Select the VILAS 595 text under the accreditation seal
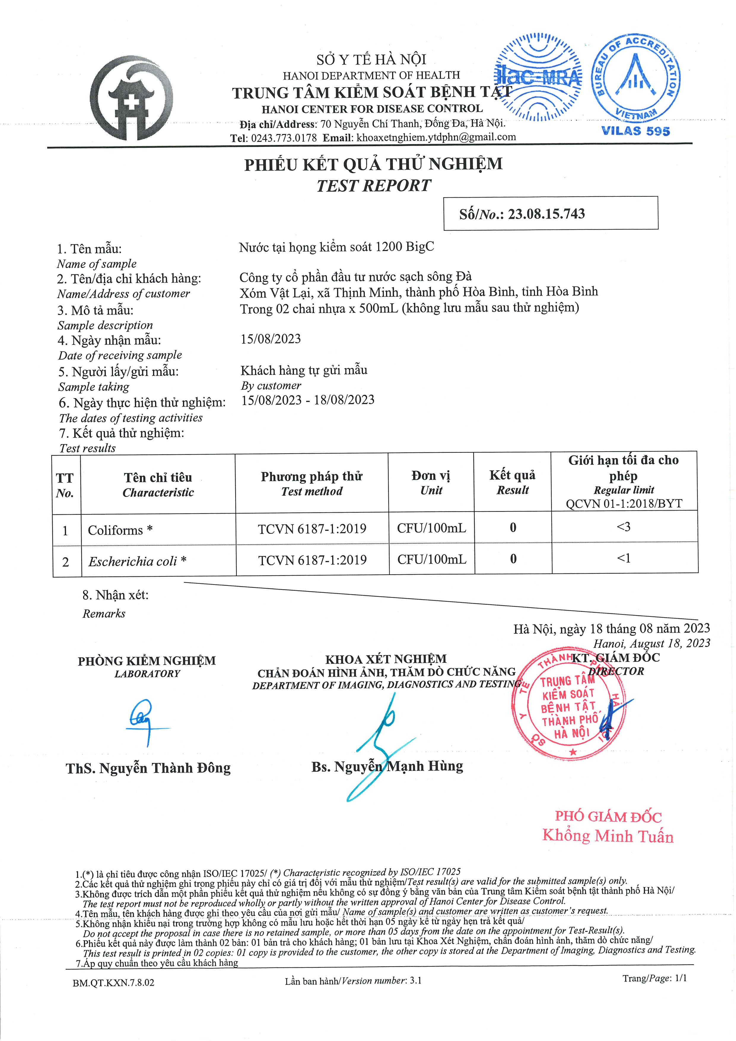[x=635, y=131]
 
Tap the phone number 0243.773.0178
[x=284, y=138]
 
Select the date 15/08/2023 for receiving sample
[x=271, y=339]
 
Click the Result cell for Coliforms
[x=513, y=528]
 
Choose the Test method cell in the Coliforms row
[x=312, y=529]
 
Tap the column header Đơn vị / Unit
[x=431, y=482]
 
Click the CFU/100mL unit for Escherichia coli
[x=432, y=560]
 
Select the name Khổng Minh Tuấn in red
[x=608, y=836]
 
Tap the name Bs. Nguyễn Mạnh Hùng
[x=387, y=767]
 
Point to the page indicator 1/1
[x=680, y=978]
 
